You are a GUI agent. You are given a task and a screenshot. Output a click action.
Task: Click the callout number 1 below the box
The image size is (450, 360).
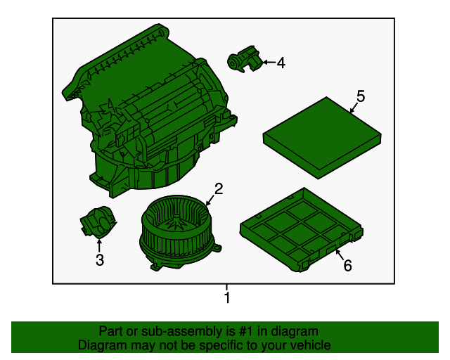[226, 299]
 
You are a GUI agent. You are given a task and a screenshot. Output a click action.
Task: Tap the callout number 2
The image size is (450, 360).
[219, 188]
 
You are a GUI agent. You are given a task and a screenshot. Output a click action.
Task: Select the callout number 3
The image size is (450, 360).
[99, 260]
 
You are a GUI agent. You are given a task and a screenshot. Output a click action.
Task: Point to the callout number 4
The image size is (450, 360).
[281, 63]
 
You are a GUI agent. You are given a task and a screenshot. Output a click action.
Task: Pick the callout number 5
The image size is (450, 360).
[361, 96]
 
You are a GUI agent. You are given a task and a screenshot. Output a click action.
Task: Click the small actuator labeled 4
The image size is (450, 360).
[243, 59]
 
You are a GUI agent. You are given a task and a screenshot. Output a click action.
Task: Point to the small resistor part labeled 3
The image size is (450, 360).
[96, 223]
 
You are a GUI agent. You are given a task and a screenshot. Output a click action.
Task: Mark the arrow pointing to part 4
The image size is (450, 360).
[267, 63]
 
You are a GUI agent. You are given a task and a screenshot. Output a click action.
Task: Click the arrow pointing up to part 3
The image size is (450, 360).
[99, 245]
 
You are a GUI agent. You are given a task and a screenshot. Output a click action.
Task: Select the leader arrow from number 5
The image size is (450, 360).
[354, 107]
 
